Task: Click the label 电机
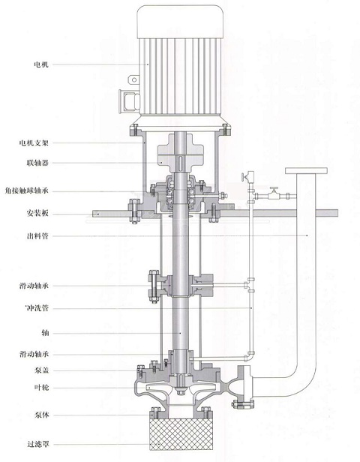pos(41,64)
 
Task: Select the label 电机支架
pos(34,143)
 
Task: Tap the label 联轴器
pos(37,163)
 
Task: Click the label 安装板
pos(37,213)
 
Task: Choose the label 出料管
pos(37,236)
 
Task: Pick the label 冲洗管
pos(37,308)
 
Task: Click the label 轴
pos(45,333)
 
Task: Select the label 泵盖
pos(41,370)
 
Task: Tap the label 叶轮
pos(41,388)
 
